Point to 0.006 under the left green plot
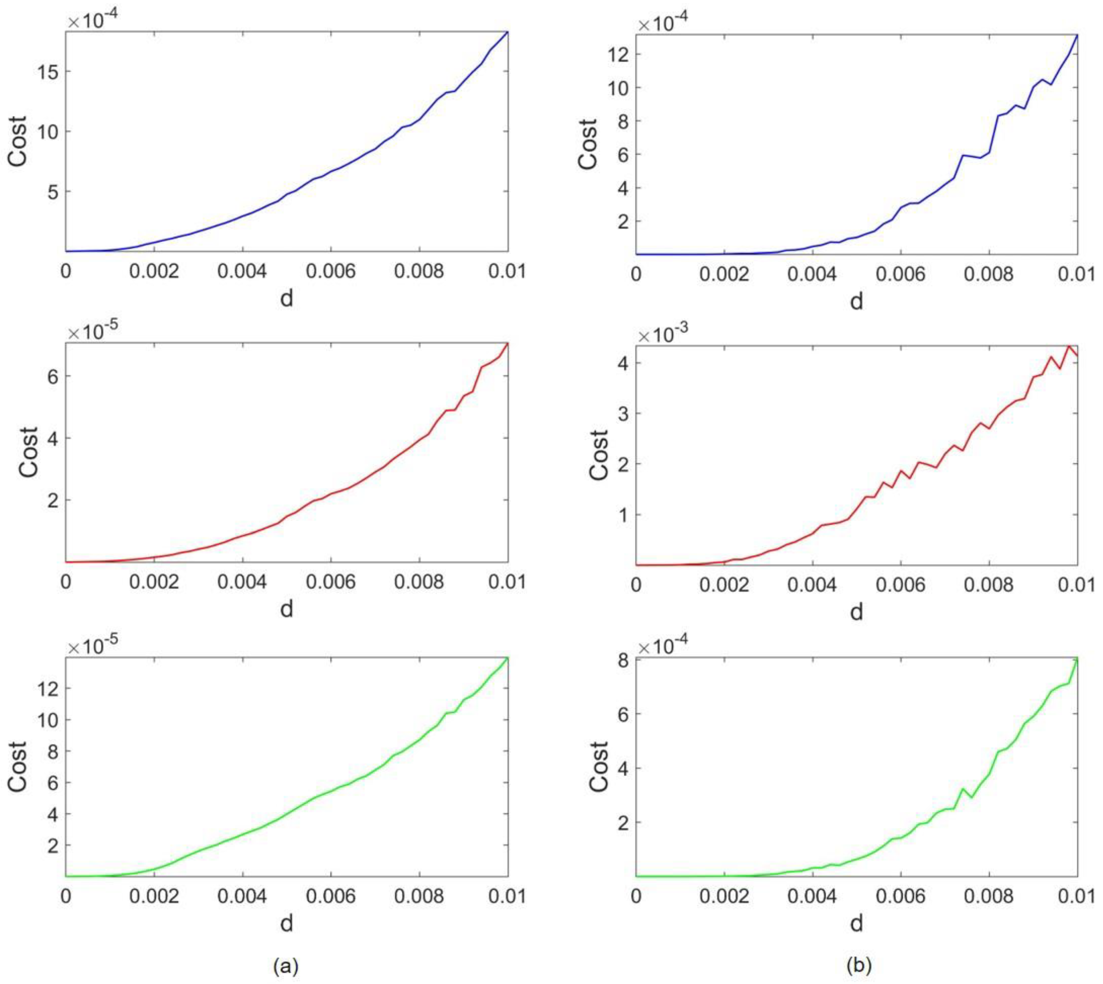(x=331, y=896)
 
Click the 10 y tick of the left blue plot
(x=47, y=131)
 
